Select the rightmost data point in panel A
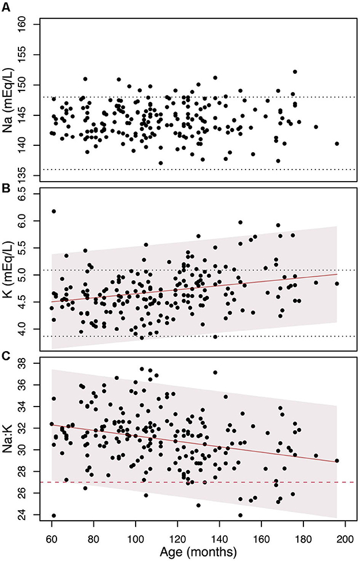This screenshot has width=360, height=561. [337, 144]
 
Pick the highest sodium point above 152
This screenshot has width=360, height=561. [295, 72]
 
